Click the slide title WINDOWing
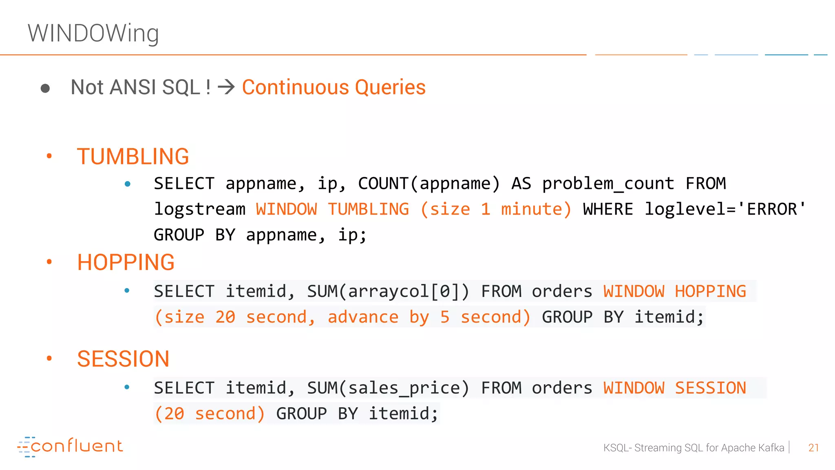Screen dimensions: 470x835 coord(93,33)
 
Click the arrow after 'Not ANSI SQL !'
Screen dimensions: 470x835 coord(226,87)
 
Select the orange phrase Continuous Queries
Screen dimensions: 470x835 coord(334,87)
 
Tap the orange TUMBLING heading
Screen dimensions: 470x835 coord(133,157)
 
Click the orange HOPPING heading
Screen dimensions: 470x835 coord(126,262)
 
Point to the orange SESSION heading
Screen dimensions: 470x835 coord(123,359)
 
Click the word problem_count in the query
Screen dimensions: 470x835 coord(608,184)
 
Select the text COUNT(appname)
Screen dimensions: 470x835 coord(429,184)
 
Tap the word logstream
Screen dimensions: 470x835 coord(199,209)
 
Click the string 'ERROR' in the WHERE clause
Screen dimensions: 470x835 coord(772,209)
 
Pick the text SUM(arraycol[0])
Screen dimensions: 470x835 coord(388,291)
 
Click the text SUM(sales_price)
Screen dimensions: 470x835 coord(388,388)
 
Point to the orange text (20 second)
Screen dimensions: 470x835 coord(210,414)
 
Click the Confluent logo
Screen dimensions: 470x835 coord(70,446)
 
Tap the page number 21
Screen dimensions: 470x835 coord(813,448)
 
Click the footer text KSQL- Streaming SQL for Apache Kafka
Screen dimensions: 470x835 coord(694,448)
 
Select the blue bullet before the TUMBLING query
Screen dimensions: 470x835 coord(128,184)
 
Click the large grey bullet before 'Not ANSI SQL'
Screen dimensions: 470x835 coord(45,88)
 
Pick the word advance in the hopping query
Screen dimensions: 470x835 coord(363,317)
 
